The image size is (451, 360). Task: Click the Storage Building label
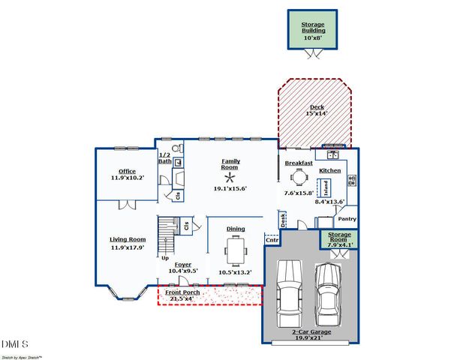(x=313, y=28)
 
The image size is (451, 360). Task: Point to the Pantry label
(x=347, y=220)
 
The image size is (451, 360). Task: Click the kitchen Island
(x=327, y=186)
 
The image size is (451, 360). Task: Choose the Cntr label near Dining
(x=272, y=241)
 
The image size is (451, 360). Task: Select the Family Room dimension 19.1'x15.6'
(x=230, y=189)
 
